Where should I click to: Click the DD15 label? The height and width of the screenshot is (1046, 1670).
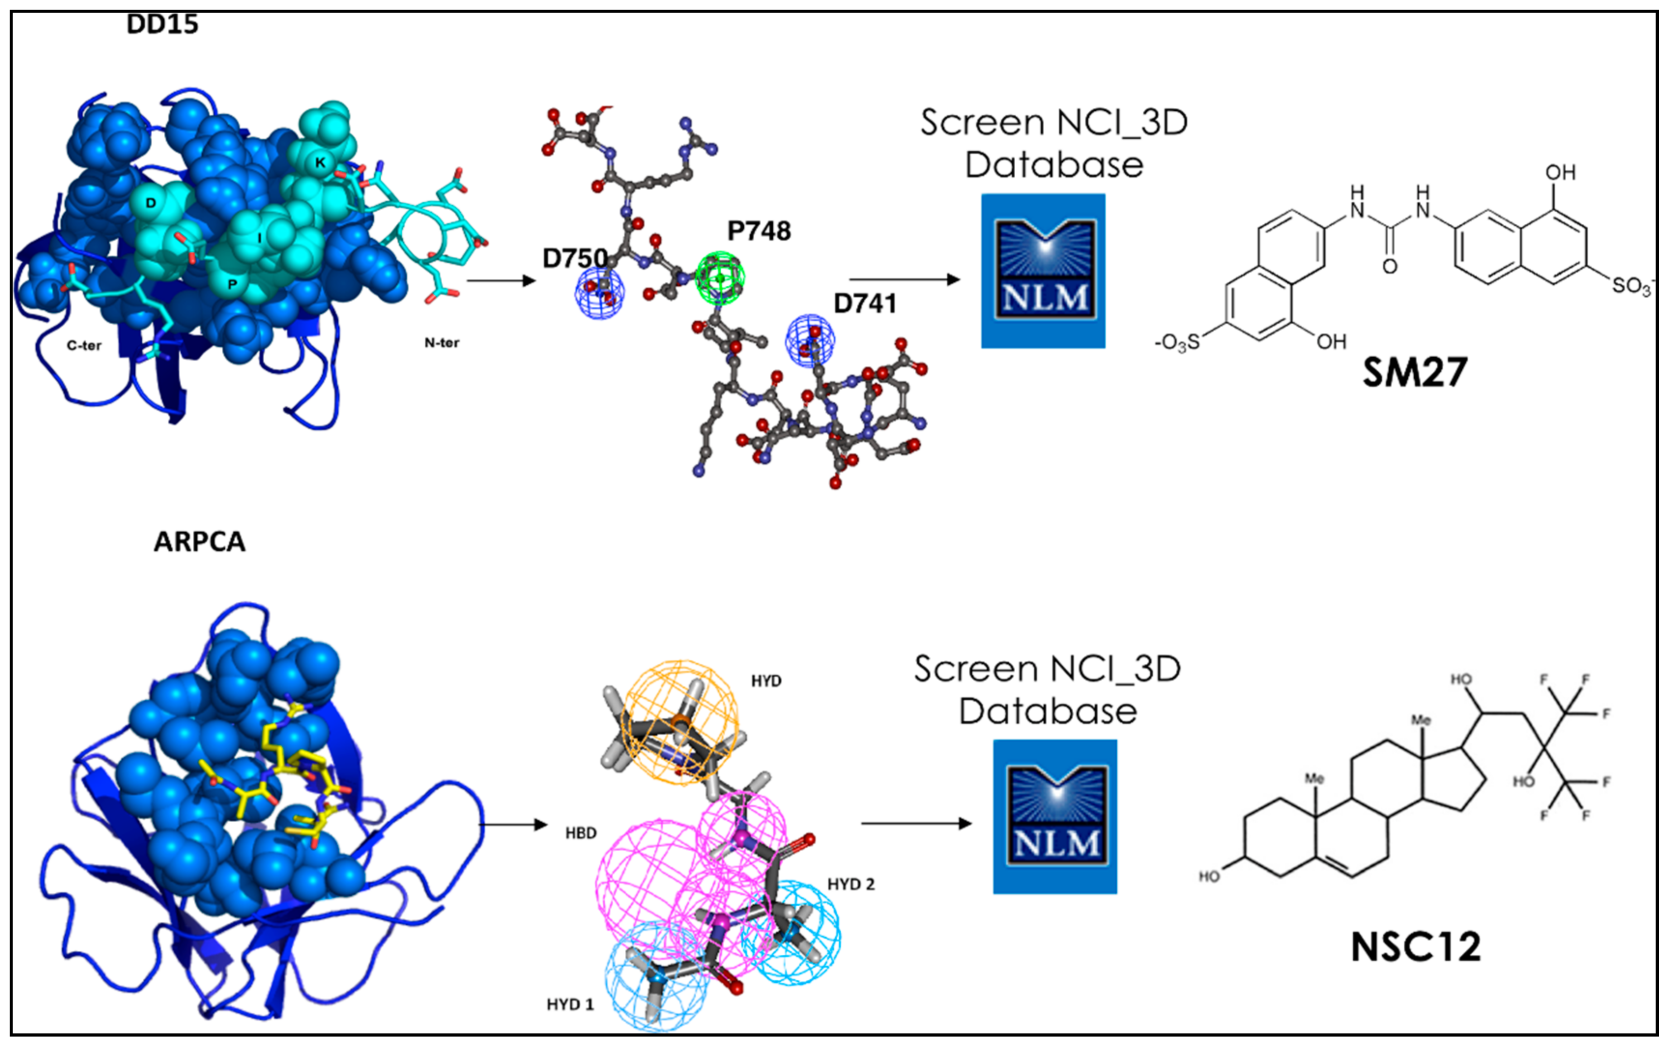pyautogui.click(x=162, y=25)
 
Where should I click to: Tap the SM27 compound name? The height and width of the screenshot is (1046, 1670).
pyautogui.click(x=1414, y=373)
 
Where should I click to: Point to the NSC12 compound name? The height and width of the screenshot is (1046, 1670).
pyautogui.click(x=1415, y=947)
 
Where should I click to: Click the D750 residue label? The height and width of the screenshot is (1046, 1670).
pyautogui.click(x=575, y=259)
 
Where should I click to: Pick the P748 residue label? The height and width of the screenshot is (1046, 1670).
pyautogui.click(x=759, y=231)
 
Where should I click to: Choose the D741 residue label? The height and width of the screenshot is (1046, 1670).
pyautogui.click(x=864, y=304)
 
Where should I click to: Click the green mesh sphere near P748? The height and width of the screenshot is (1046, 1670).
pyautogui.click(x=720, y=277)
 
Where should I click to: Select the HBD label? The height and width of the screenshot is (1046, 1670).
pyautogui.click(x=581, y=833)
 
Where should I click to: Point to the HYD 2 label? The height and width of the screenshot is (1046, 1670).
pyautogui.click(x=850, y=884)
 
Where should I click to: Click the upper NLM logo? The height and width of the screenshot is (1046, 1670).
pyautogui.click(x=1043, y=271)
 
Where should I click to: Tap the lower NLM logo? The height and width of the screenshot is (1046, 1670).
pyautogui.click(x=1054, y=817)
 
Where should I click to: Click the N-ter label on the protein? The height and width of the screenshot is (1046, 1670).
pyautogui.click(x=441, y=342)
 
